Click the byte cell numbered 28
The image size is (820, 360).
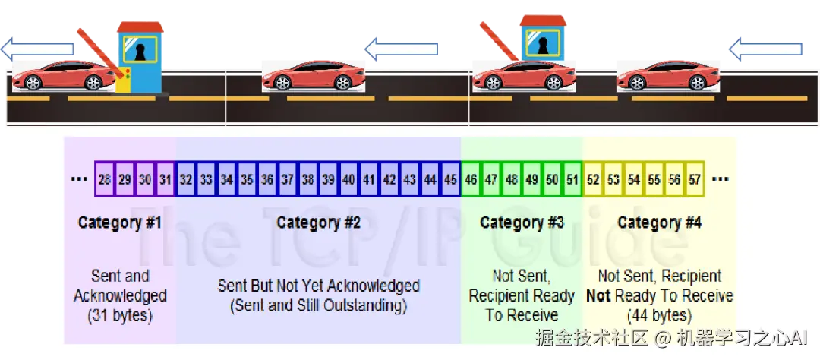105,180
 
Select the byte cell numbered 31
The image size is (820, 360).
166,180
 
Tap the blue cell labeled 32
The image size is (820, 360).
187,180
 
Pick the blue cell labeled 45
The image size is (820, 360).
451,180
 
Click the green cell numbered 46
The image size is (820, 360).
471,180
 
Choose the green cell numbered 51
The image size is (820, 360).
572,180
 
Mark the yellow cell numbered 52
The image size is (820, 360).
593,180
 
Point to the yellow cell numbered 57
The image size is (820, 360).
694,180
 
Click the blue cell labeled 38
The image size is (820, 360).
308,180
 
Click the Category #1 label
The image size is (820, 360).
120,223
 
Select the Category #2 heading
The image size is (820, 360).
318,223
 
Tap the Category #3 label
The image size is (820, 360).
522,223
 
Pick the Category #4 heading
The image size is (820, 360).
659,223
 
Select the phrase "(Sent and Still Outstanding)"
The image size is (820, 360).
318,306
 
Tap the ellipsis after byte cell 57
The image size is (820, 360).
721,181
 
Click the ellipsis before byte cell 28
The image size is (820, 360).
78,181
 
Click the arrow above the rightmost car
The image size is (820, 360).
764,50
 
